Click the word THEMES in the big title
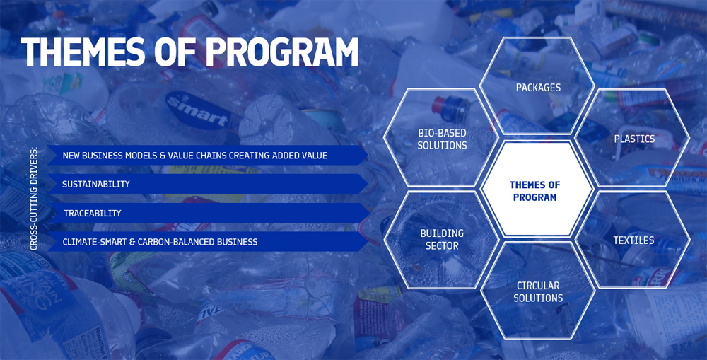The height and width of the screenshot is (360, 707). [83, 52]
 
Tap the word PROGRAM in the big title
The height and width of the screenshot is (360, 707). [281, 52]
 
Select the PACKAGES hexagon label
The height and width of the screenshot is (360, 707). [538, 88]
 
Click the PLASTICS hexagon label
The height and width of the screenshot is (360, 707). [634, 139]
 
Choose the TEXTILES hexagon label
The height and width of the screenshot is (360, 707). [633, 240]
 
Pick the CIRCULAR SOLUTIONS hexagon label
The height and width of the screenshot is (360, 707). [538, 292]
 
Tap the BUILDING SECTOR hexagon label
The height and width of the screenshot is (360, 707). [442, 240]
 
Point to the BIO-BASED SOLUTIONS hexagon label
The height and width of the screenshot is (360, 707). [442, 139]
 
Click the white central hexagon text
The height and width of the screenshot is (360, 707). [534, 191]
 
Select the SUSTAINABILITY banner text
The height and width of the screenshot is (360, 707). [96, 184]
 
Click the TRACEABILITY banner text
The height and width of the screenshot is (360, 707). [93, 214]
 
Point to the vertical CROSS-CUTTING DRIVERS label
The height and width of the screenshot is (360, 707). [34, 199]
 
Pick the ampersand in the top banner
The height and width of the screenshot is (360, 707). [163, 156]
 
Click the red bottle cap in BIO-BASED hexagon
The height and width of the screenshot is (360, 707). [438, 105]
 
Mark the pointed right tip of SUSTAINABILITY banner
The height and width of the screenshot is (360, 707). [368, 184]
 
